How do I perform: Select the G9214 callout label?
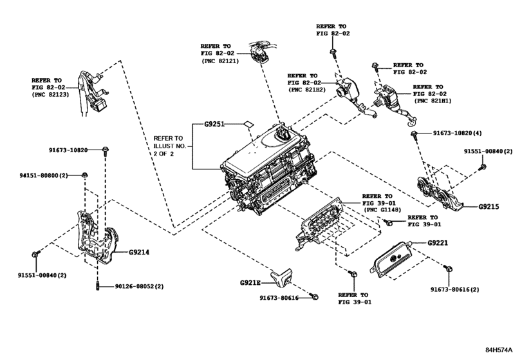[x=139, y=252]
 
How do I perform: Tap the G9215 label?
[x=489, y=207]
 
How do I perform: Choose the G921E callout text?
[x=250, y=282]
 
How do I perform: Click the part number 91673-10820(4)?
[x=457, y=133]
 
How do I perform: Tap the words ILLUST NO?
[x=169, y=146]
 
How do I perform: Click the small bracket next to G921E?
[x=281, y=277]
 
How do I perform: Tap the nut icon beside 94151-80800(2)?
[x=86, y=175]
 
